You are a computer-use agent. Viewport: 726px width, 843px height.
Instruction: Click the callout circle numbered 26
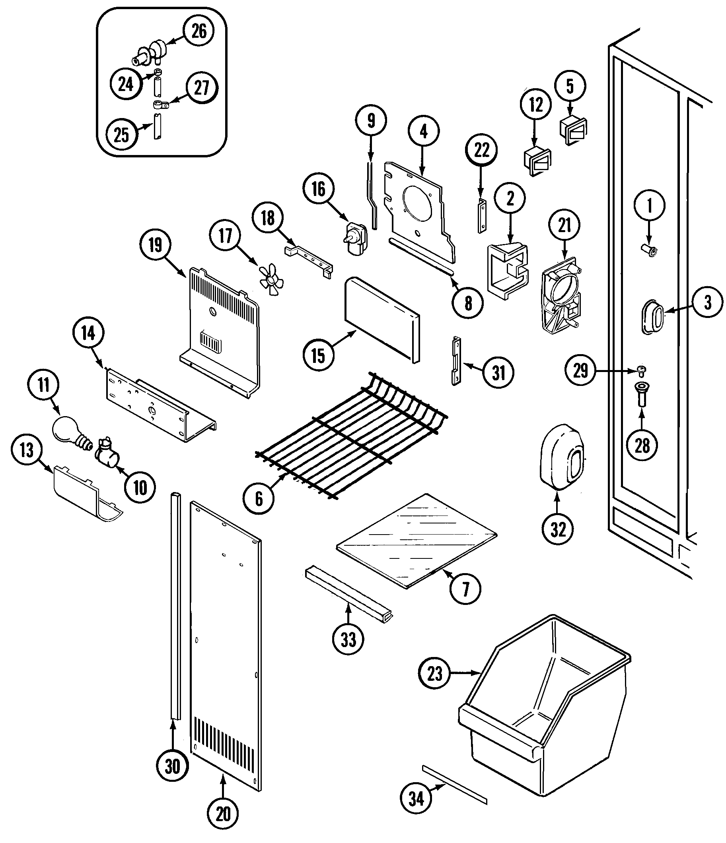[199, 31]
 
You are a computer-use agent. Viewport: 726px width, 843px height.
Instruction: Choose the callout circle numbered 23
[434, 673]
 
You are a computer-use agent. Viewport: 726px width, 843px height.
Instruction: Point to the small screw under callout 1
[649, 252]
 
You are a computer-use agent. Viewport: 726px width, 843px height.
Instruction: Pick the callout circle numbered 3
[708, 303]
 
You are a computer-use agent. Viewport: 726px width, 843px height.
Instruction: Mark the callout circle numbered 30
[172, 767]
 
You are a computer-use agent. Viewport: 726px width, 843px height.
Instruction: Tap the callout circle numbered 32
[558, 529]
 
